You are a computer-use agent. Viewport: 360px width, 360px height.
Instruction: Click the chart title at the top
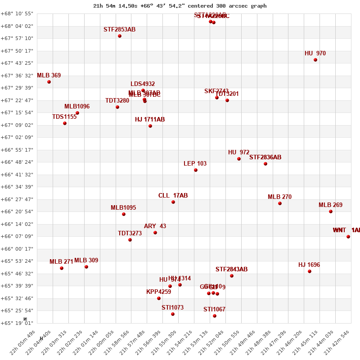coord(180,6)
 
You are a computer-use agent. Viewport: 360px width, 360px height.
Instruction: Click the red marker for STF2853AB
coord(120,36)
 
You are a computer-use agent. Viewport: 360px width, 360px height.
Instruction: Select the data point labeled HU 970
coord(315,60)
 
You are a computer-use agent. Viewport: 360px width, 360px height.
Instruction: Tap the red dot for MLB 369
coord(49,82)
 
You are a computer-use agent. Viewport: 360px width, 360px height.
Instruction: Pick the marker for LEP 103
coord(196,170)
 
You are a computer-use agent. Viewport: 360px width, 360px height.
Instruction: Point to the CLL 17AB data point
coord(173,202)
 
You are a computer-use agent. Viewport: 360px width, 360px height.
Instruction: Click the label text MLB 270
coord(279,197)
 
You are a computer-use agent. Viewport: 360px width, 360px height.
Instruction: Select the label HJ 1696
coord(309,265)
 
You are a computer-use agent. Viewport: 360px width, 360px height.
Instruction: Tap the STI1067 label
coord(214,310)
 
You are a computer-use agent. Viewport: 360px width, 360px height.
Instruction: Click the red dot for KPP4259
coord(159,298)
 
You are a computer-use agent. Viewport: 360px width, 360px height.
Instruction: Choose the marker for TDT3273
coord(130,240)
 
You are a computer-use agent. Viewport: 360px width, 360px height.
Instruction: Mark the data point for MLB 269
coord(331,211)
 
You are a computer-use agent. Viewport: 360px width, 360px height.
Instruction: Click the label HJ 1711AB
coord(150,120)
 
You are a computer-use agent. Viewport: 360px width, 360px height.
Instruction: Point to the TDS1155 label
coord(64,117)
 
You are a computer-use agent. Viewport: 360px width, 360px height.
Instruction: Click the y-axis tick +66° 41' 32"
coord(18,175)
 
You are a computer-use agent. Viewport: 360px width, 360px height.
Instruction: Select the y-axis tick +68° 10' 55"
coord(18,14)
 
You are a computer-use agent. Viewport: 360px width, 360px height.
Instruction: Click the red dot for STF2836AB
coord(265,164)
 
